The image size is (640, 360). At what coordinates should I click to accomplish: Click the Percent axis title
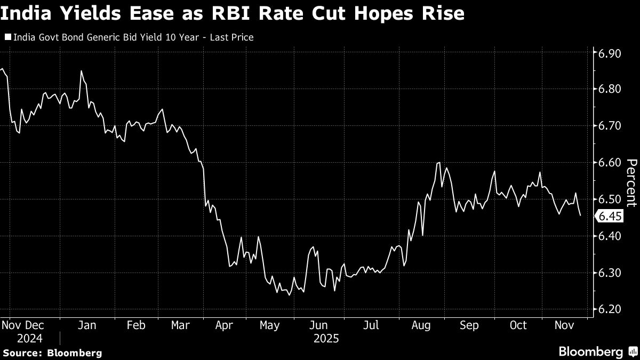(631, 182)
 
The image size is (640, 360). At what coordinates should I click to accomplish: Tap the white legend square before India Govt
(7, 37)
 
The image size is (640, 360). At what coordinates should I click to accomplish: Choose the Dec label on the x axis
(35, 325)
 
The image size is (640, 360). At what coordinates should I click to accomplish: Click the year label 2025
(326, 338)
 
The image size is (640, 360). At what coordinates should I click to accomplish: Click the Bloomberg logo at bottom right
(597, 351)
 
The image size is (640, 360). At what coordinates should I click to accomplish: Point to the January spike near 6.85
(81, 71)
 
